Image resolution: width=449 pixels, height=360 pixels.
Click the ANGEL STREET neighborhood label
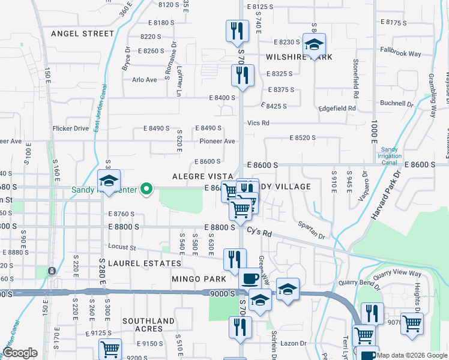click(82, 34)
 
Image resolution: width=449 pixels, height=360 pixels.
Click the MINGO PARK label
click(199, 279)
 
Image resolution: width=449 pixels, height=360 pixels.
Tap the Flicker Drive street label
click(71, 128)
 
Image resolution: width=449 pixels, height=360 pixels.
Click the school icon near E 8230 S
click(314, 45)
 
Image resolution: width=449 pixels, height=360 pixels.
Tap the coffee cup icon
click(250, 279)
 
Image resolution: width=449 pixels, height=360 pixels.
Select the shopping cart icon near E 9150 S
click(110, 349)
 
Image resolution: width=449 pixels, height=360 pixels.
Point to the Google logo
click(20, 353)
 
